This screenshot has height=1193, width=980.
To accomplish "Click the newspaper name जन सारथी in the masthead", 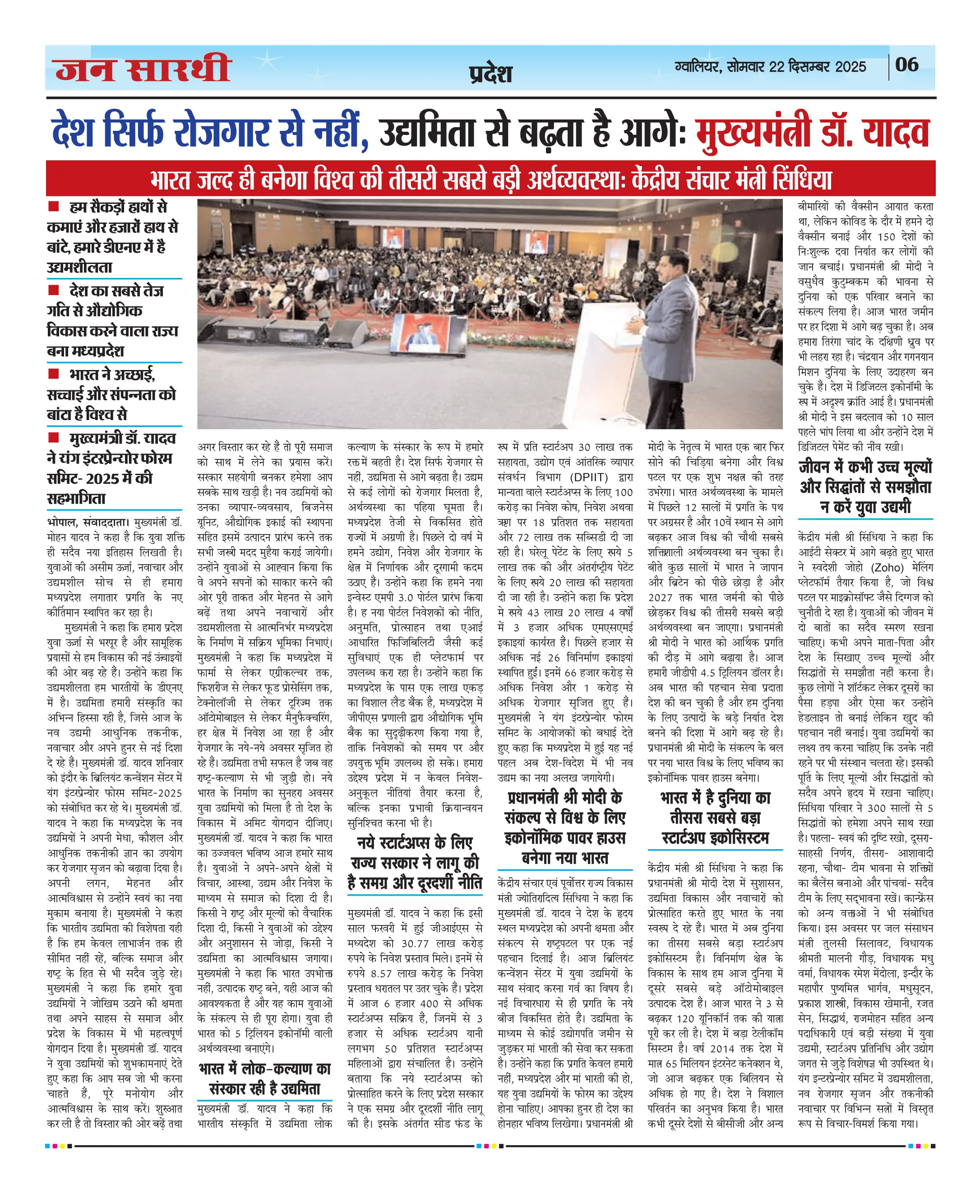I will [x=143, y=69].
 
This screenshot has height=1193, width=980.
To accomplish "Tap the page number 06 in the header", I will [x=906, y=65].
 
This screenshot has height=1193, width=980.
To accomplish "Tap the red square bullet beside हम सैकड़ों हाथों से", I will [x=54, y=207].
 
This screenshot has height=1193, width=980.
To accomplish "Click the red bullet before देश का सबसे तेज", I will [x=54, y=290].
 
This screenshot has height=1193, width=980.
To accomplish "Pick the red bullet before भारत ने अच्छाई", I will [x=54, y=374].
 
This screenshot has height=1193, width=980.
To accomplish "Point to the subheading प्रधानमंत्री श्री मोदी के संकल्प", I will [x=565, y=828].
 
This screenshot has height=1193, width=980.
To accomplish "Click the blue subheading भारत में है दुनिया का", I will [x=715, y=818].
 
